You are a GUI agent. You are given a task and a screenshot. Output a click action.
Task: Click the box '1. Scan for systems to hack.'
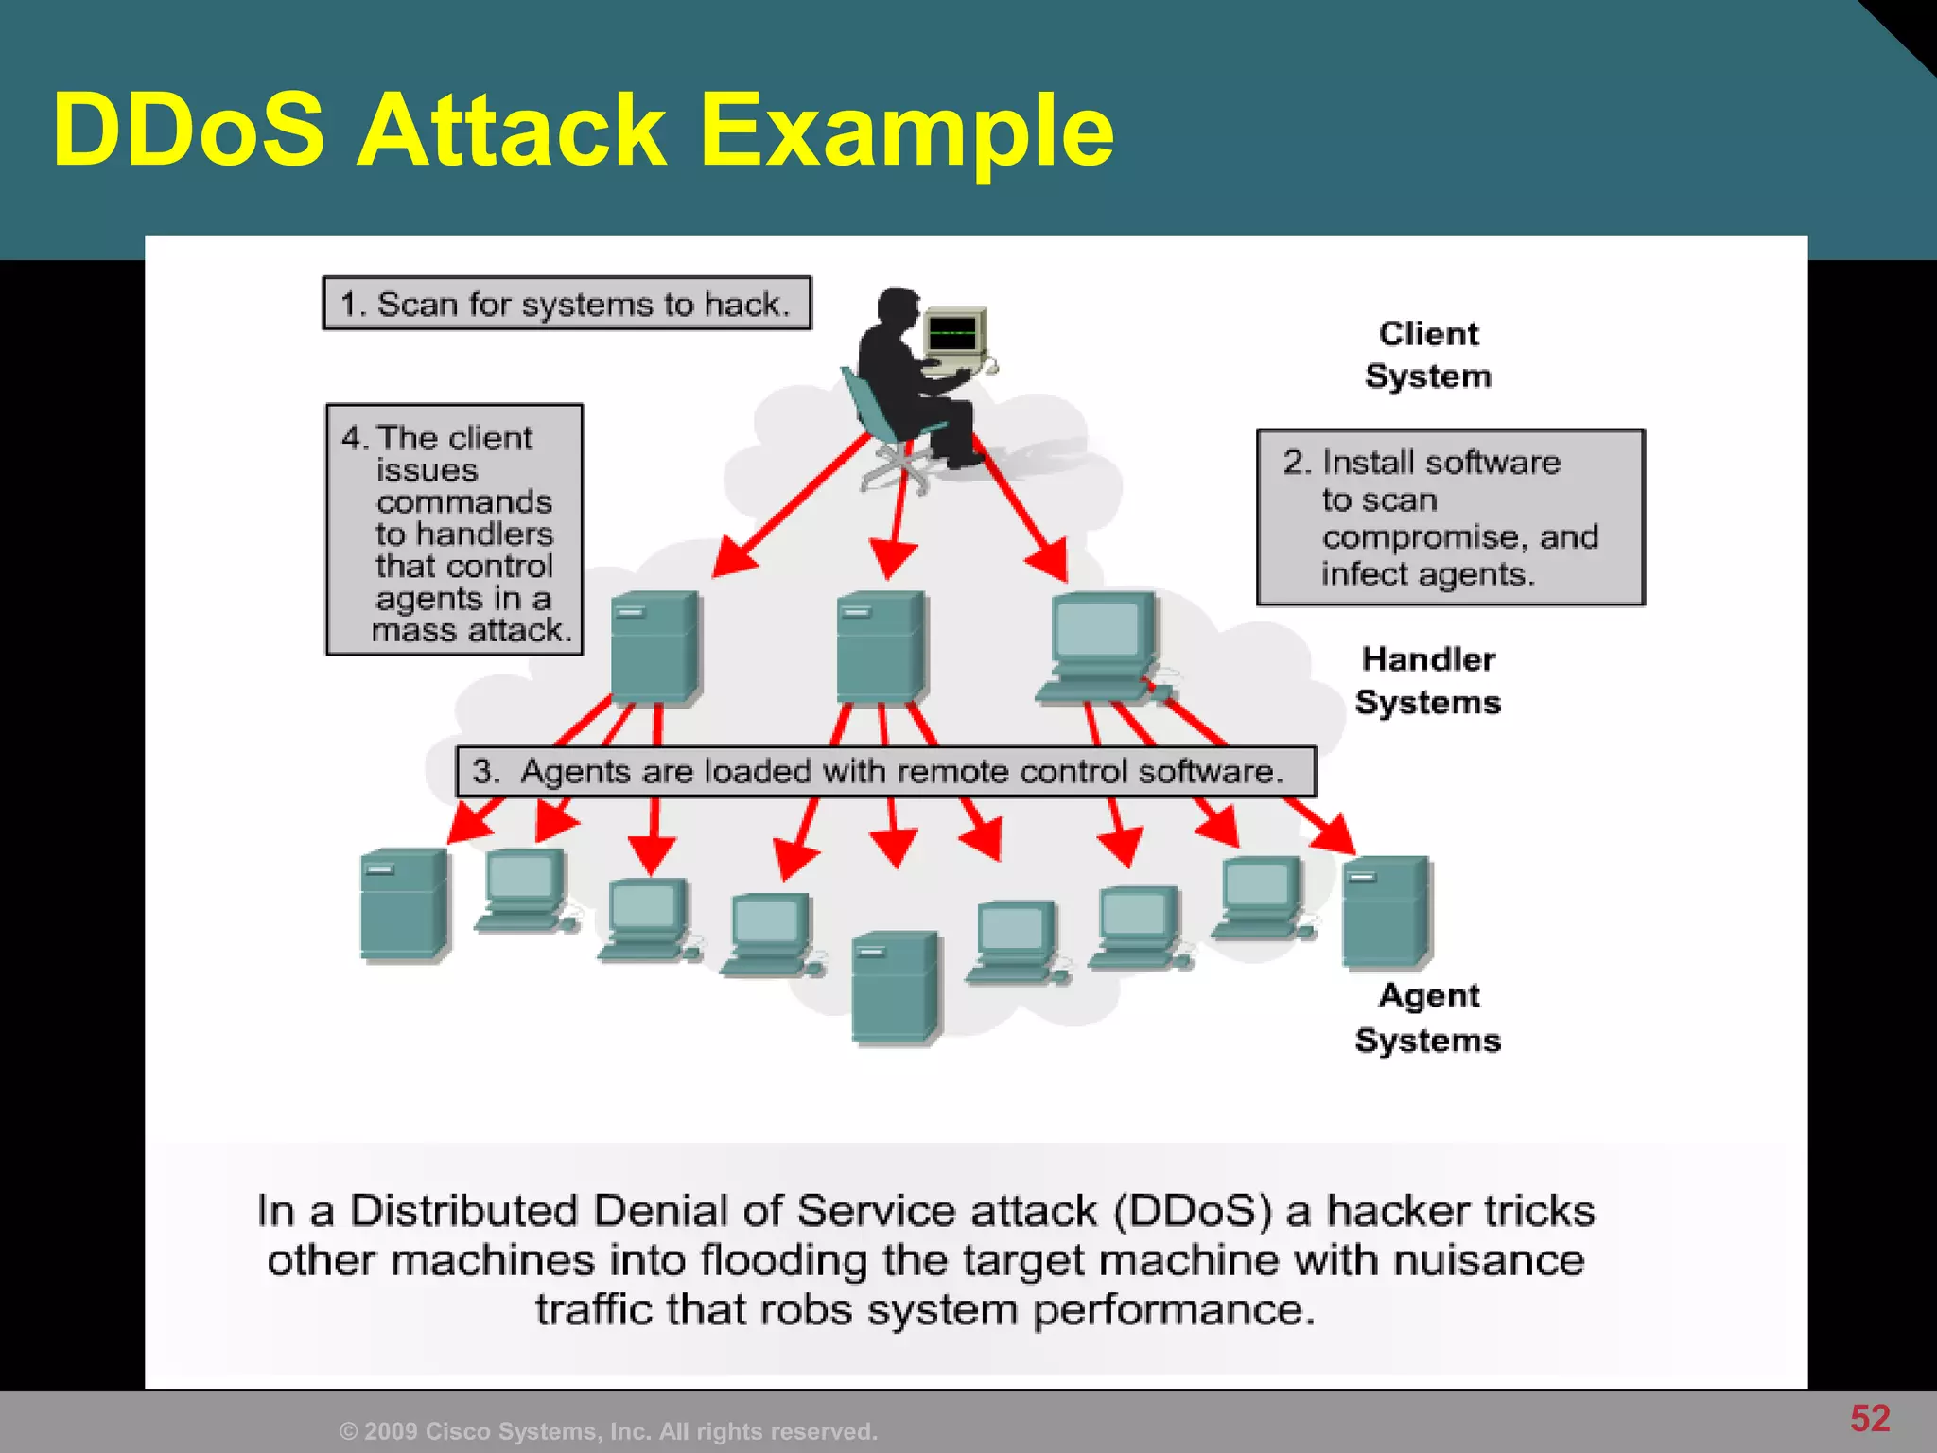click(567, 304)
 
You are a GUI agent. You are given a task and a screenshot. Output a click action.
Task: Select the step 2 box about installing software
click(1450, 517)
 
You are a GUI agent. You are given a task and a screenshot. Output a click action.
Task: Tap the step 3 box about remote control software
click(885, 772)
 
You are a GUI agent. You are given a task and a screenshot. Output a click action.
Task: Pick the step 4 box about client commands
click(454, 530)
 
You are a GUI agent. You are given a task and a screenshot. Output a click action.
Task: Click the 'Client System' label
click(1428, 355)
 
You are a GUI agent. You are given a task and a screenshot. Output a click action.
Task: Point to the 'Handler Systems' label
click(1428, 681)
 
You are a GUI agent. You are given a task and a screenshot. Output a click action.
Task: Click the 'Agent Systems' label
click(1428, 1018)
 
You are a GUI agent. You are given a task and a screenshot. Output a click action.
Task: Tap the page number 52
click(1869, 1418)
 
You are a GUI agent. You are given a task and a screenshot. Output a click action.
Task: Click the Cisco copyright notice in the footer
click(608, 1431)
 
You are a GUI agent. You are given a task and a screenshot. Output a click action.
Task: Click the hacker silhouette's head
click(898, 307)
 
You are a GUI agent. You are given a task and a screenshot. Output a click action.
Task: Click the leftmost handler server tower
click(654, 647)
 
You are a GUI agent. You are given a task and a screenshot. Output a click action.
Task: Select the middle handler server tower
click(881, 647)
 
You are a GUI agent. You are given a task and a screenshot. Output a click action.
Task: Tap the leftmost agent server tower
click(404, 905)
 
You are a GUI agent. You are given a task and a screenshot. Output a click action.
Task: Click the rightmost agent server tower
click(1387, 912)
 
